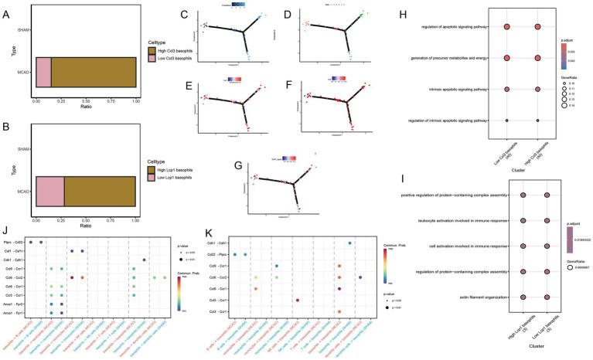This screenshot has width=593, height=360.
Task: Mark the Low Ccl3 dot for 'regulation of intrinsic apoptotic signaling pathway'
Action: (506, 120)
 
